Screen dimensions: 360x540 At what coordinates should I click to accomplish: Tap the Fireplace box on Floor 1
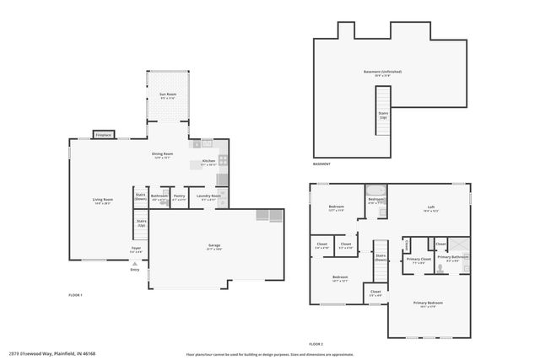coord(104,134)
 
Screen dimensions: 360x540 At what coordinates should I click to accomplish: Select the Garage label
coord(215,247)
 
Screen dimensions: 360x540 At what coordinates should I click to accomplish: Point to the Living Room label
coord(103,201)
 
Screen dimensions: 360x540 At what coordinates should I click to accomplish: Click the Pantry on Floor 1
coord(179,197)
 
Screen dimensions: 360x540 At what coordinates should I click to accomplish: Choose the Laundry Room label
coord(208,197)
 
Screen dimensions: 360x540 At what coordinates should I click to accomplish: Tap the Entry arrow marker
coord(134,262)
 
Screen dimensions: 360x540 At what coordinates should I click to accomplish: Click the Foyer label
coord(136,249)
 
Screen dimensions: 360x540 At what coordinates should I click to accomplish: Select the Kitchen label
coord(208,162)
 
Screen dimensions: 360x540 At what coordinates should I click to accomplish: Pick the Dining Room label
coord(162,155)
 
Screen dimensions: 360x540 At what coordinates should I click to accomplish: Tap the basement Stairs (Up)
coord(383,113)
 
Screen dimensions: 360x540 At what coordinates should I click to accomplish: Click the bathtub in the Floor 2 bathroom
coord(376,191)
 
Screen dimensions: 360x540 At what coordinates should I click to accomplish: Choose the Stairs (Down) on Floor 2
coord(381,259)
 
